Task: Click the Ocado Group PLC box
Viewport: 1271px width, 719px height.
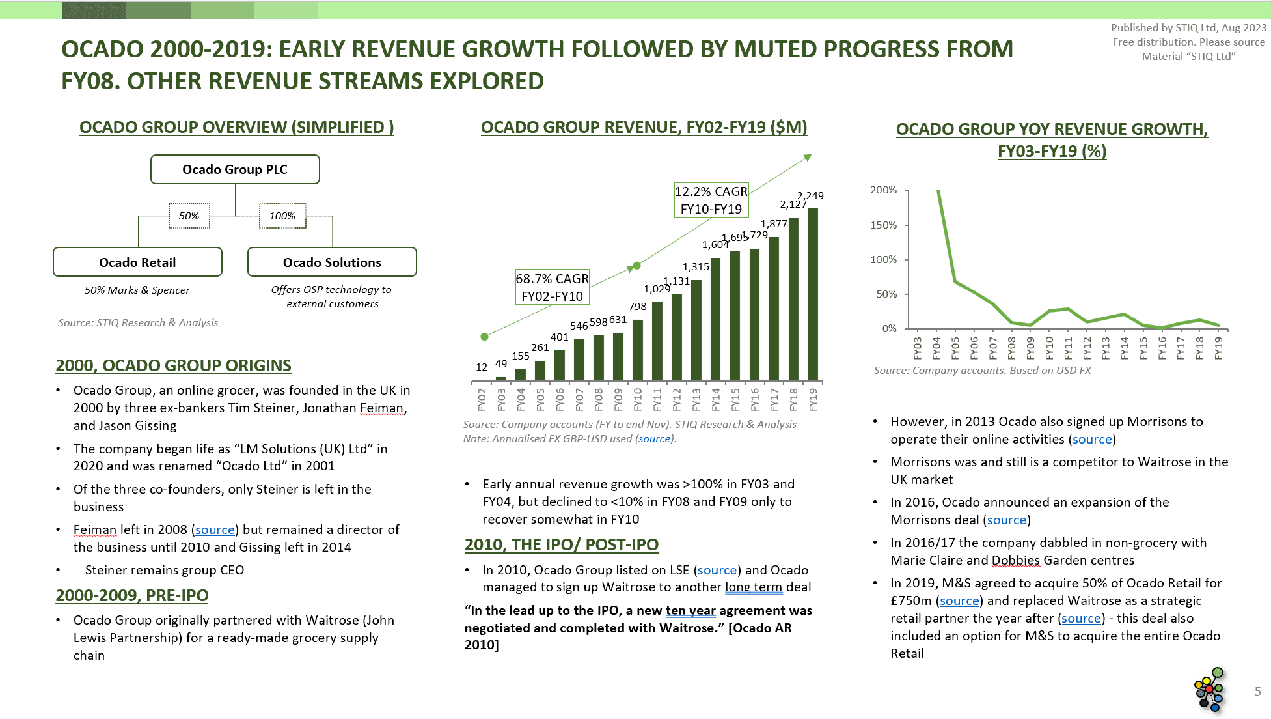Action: tap(235, 169)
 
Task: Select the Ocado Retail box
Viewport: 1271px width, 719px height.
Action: tap(137, 262)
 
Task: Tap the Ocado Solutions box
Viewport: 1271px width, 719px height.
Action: tap(332, 262)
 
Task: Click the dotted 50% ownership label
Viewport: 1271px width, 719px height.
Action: tap(189, 216)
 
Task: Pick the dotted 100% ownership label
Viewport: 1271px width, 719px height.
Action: tap(282, 216)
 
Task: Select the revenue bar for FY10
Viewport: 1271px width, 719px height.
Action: tap(638, 350)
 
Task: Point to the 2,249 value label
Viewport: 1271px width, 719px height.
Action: tap(810, 195)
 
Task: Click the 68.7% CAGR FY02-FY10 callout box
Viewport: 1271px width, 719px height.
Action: tap(552, 287)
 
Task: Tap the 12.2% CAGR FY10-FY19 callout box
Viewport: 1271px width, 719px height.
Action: tap(711, 200)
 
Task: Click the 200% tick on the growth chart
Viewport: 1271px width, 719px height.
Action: tap(883, 190)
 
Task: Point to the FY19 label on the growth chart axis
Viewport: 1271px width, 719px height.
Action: tap(1218, 348)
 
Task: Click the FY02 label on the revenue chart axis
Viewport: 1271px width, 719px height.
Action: tap(482, 399)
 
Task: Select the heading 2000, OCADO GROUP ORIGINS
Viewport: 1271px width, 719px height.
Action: tap(173, 365)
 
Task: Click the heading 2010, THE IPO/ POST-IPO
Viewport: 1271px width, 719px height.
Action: tap(561, 544)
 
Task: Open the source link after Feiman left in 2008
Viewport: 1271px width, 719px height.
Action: tap(215, 530)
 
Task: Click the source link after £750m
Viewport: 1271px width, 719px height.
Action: tap(959, 601)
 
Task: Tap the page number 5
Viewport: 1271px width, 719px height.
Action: tap(1257, 692)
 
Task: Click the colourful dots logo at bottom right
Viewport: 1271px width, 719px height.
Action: tap(1210, 690)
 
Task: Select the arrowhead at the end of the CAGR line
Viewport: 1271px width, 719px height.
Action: tap(808, 158)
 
